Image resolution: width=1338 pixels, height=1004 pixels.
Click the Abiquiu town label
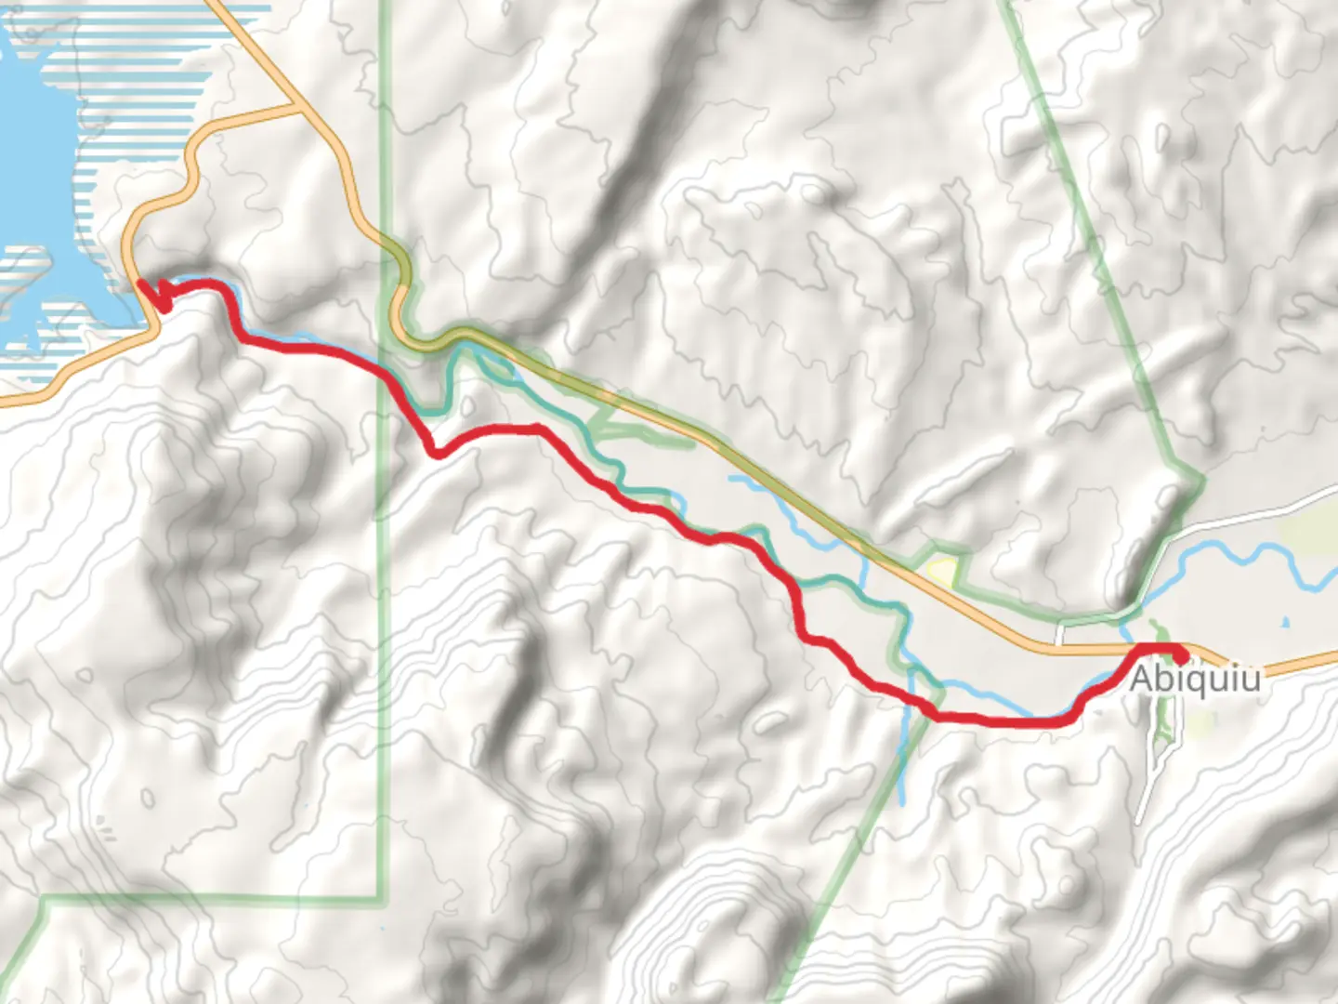1195,680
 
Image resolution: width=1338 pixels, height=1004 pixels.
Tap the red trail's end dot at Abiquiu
1180,656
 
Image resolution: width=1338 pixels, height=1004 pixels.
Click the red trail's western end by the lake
140,282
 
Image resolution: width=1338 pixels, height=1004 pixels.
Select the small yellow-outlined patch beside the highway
941,570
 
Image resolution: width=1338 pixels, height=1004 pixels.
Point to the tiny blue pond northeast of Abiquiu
1286,622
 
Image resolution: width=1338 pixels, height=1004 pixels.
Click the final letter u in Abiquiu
1251,680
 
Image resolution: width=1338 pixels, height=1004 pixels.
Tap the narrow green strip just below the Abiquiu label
1161,725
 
